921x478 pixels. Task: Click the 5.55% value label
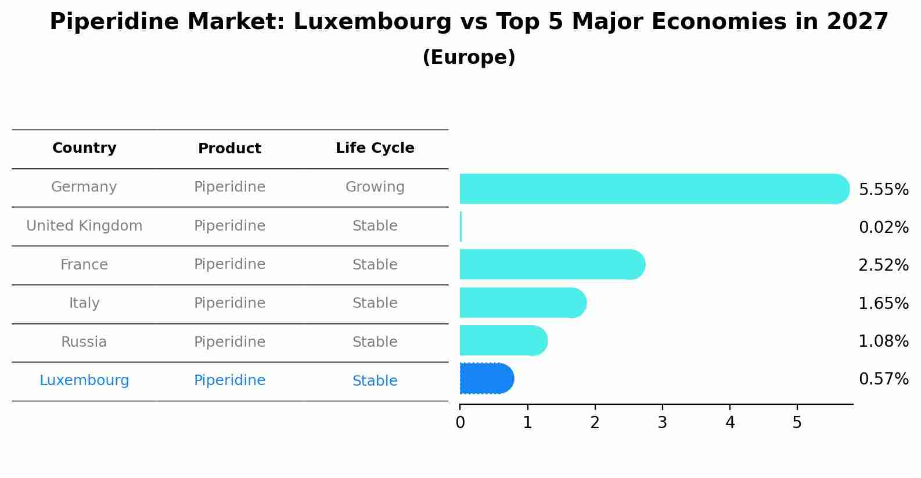pos(883,190)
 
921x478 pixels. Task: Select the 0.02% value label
pos(883,228)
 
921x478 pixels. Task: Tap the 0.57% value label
pos(883,379)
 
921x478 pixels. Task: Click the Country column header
pos(84,148)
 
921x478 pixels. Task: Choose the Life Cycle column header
pos(375,148)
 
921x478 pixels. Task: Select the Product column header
pos(229,149)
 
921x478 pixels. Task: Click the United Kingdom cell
pos(84,226)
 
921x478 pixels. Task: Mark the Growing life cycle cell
pos(375,187)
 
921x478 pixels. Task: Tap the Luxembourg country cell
pos(84,380)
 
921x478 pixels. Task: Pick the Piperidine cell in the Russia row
pos(229,342)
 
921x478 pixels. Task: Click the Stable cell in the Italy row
pos(375,303)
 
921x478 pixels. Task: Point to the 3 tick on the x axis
pos(662,423)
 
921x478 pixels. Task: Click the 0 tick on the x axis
pos(460,423)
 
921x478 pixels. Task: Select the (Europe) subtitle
pos(469,57)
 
